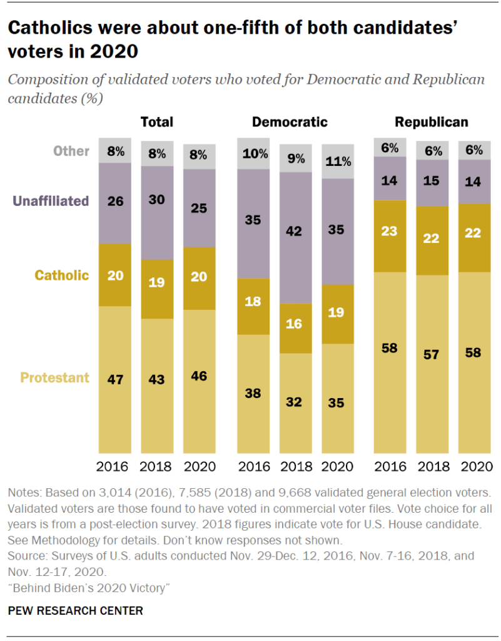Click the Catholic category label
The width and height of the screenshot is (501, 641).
(62, 275)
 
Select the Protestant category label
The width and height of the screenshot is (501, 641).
(55, 377)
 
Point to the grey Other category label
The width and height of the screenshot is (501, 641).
(71, 151)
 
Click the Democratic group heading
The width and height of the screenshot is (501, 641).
(290, 122)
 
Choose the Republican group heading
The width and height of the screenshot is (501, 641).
(432, 122)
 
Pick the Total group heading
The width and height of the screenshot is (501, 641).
(156, 122)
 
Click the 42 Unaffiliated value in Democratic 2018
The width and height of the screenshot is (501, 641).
(295, 231)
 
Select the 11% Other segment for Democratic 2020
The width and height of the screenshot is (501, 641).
(337, 162)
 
